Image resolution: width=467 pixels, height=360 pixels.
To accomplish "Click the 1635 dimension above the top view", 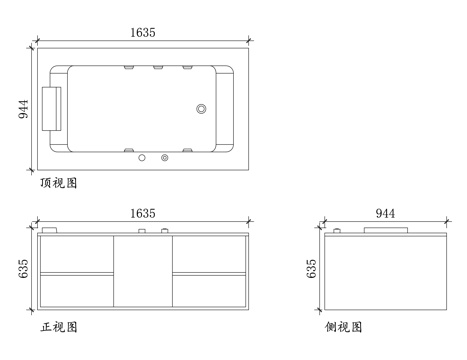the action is point(143,32).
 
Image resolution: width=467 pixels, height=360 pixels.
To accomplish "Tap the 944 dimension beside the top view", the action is point(23,109).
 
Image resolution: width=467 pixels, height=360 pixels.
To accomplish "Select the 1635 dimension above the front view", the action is point(143,213).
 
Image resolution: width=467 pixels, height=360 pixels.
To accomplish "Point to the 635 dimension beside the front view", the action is point(23,269).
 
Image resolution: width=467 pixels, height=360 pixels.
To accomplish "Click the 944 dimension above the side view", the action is point(385,213).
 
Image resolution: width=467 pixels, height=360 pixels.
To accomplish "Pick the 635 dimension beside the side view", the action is point(311,269).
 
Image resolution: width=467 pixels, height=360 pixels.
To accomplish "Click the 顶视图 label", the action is point(59,183).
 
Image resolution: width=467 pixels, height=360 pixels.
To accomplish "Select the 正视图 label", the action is point(59,327).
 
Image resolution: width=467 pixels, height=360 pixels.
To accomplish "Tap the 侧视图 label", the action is point(343,327).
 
